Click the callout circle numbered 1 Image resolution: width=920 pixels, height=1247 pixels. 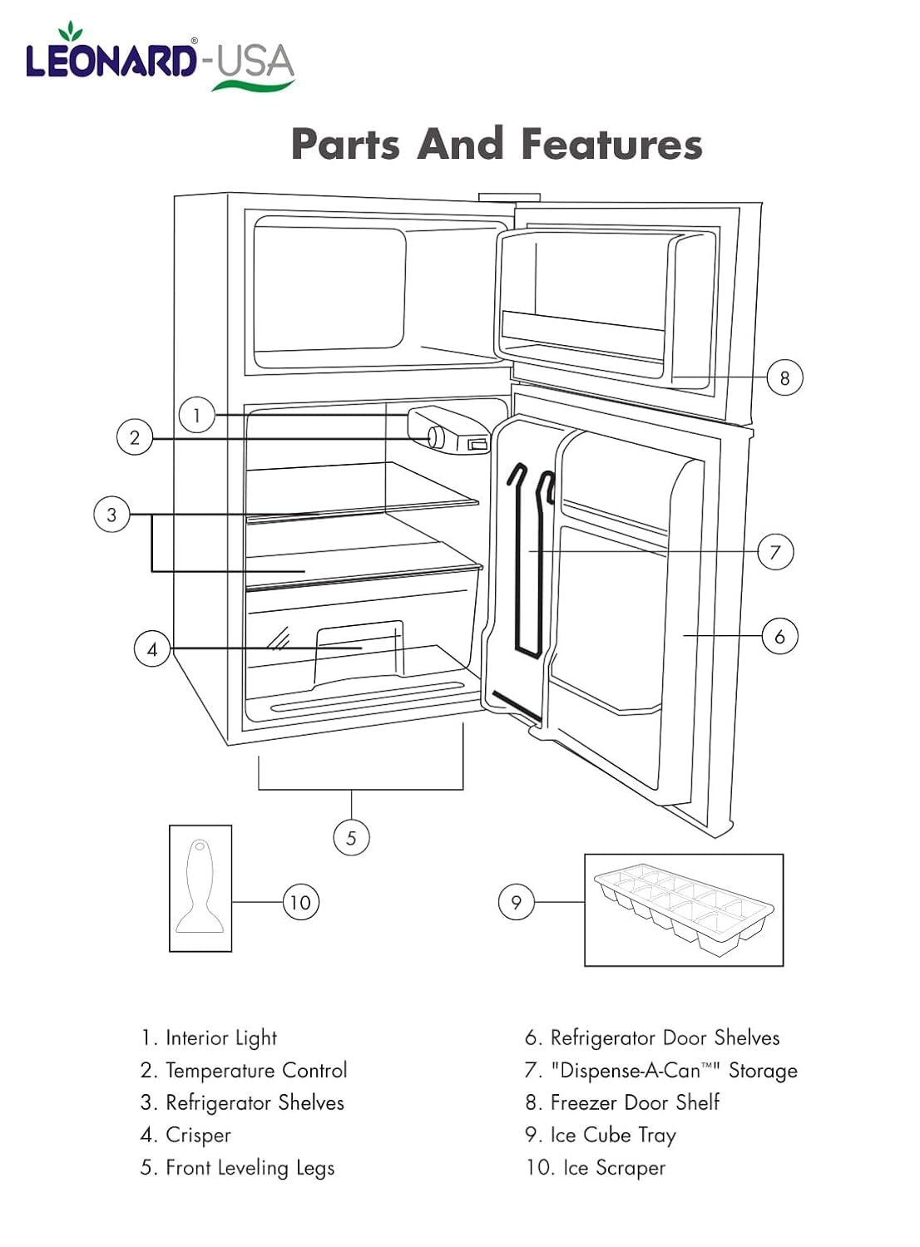coord(196,415)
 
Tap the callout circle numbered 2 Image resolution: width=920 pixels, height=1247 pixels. coord(135,437)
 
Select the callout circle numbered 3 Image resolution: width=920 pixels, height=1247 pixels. coord(111,515)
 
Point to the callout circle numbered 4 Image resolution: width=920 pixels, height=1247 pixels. coord(152,648)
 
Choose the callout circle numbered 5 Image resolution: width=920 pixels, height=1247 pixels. coord(351,837)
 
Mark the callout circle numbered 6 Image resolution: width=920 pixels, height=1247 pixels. coord(779,636)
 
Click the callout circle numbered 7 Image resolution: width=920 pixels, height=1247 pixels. coord(775,552)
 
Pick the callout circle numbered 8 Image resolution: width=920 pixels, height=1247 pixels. coord(784,377)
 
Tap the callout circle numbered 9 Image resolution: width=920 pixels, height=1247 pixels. coord(516,902)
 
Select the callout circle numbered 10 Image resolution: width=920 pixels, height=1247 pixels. coord(300,902)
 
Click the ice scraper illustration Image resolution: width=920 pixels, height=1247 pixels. coord(200,888)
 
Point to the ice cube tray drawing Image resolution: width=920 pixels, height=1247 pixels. coord(684,909)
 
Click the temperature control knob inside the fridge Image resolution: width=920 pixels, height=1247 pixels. coord(436,436)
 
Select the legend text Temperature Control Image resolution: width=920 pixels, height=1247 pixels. coord(256,1070)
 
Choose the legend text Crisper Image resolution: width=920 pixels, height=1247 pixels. coord(198,1135)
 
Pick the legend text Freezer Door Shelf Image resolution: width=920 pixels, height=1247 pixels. coord(634,1102)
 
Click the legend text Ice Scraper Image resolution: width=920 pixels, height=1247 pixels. coord(614,1167)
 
